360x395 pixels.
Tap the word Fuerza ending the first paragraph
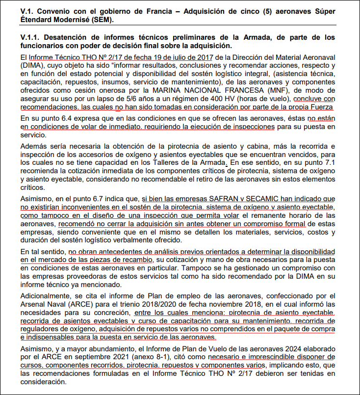321,107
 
